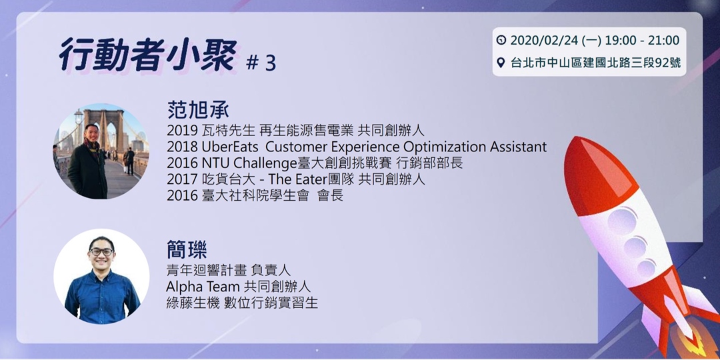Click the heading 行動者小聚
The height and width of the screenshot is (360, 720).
(147, 55)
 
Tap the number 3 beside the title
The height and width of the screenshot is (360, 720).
(269, 63)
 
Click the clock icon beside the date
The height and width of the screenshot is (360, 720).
(501, 41)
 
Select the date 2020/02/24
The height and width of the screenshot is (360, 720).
(541, 41)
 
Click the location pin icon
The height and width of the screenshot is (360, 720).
(501, 63)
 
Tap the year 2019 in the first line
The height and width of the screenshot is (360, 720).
(182, 130)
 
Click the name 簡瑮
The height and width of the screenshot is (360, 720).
(187, 251)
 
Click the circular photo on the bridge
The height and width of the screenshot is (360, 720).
(101, 151)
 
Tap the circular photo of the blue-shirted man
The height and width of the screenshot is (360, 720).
(101, 277)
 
